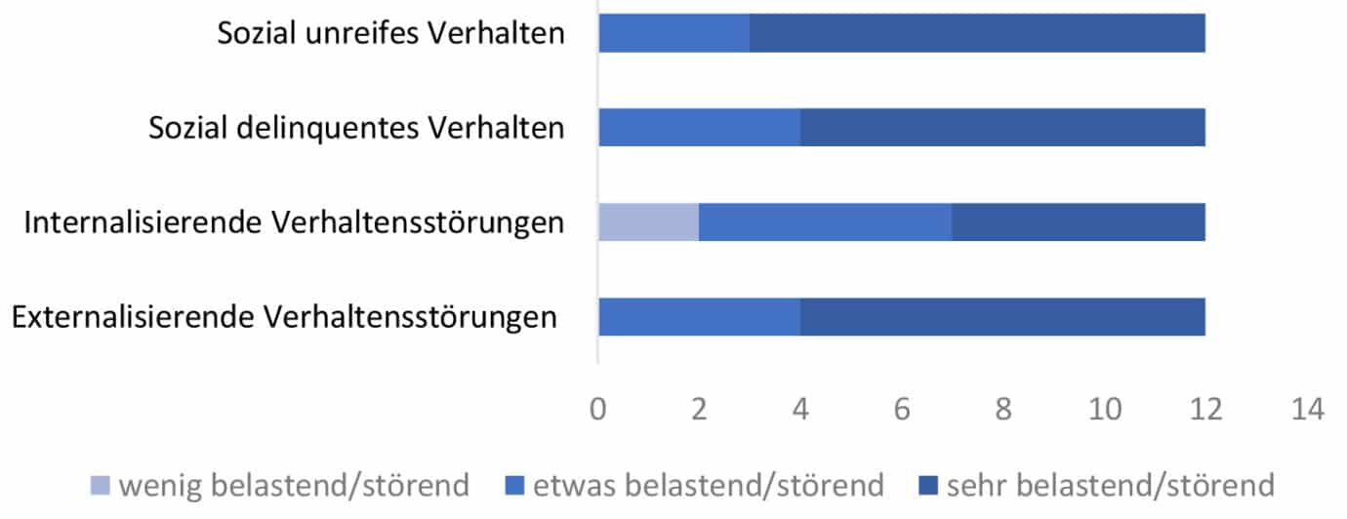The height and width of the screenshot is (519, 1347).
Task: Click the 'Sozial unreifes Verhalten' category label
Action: [x=391, y=34]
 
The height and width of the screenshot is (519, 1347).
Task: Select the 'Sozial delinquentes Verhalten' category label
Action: [x=357, y=128]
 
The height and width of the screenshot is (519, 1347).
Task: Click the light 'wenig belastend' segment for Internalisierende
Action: [x=649, y=222]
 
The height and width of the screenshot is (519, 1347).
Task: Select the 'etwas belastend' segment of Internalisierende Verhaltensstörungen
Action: [x=826, y=222]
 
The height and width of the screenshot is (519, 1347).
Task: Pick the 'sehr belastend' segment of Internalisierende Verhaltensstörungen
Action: [x=1079, y=222]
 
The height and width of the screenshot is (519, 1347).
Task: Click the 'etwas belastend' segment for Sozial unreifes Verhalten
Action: [x=674, y=34]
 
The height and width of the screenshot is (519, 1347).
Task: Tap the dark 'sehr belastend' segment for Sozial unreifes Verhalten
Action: [x=977, y=34]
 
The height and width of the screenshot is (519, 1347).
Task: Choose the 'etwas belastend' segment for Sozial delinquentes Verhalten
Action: [x=700, y=128]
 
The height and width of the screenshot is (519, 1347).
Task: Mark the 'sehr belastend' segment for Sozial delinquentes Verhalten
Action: [x=1002, y=128]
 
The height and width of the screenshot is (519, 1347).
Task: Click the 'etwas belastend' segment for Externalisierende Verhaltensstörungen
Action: [x=700, y=317]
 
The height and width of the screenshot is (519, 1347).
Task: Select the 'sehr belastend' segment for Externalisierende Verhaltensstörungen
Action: [x=1002, y=317]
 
